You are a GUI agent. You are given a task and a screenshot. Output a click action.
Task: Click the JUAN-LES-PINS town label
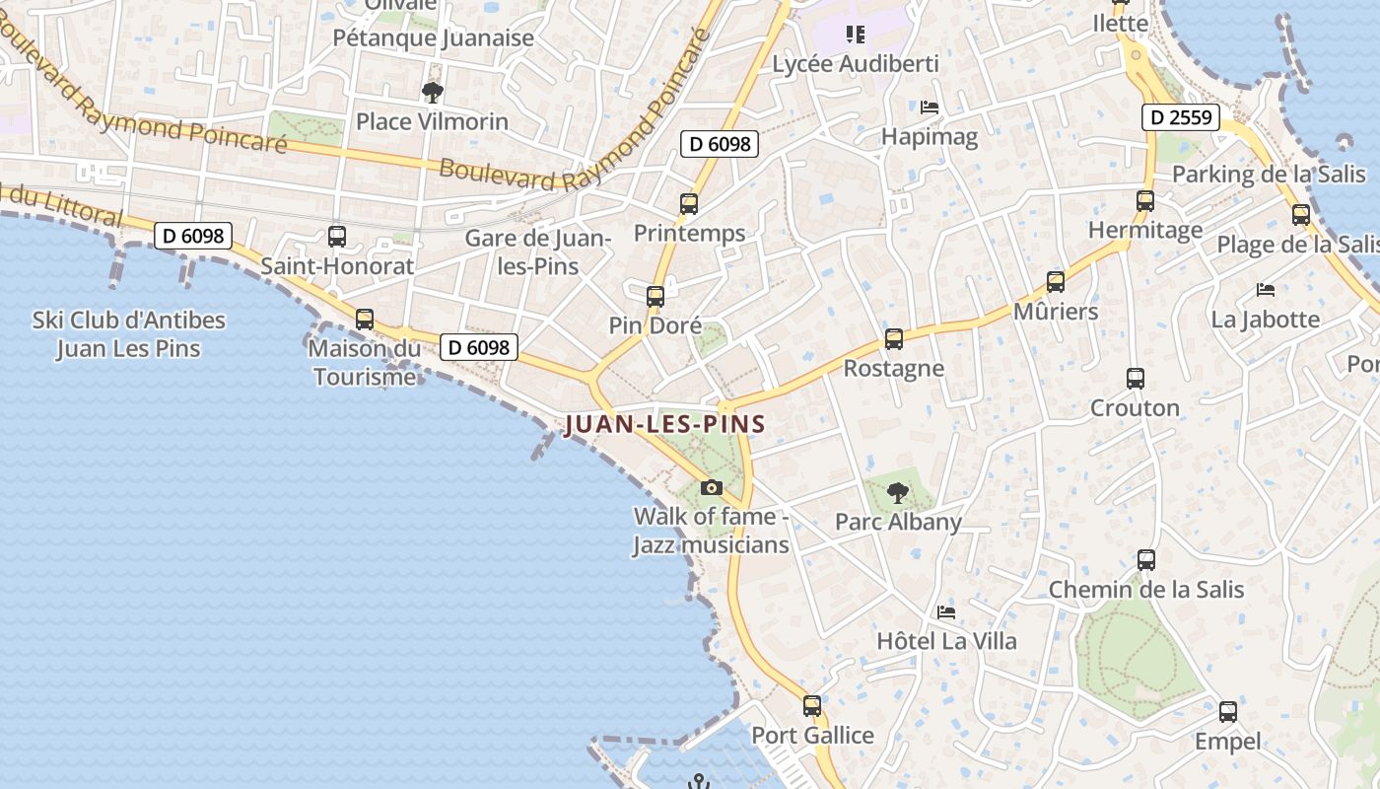pos(665,425)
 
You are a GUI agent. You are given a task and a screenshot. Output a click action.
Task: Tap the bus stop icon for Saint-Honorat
pos(337,237)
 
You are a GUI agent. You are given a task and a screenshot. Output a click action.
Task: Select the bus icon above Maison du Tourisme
pos(365,320)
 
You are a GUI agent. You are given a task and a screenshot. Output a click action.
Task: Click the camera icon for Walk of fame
pos(711,487)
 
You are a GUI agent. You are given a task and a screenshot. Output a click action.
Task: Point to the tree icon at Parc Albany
pos(897,492)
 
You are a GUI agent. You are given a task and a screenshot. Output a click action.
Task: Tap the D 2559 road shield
pos(1181,118)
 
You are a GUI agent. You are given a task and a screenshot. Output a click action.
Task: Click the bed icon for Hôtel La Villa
pos(946,612)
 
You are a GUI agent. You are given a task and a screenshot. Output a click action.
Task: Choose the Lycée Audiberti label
pos(856,64)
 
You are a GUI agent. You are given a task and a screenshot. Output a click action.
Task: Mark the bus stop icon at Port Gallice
pos(812,706)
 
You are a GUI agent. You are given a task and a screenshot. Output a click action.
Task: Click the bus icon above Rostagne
pos(894,339)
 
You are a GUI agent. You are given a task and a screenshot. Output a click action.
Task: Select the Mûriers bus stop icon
pos(1056,282)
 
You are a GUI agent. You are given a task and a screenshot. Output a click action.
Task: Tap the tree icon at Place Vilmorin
pos(432,93)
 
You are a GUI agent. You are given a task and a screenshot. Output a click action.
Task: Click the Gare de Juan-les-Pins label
pos(538,251)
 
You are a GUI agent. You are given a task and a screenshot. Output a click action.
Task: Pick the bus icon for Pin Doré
pos(655,296)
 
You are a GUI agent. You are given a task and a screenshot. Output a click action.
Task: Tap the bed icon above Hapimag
pos(929,108)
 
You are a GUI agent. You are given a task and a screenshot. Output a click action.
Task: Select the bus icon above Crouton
pos(1135,378)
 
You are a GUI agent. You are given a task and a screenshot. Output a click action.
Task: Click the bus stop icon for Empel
pos(1228,712)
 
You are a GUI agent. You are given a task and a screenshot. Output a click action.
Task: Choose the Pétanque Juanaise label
pos(434,38)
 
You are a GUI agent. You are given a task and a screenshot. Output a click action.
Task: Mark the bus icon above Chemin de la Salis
pos(1146,560)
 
